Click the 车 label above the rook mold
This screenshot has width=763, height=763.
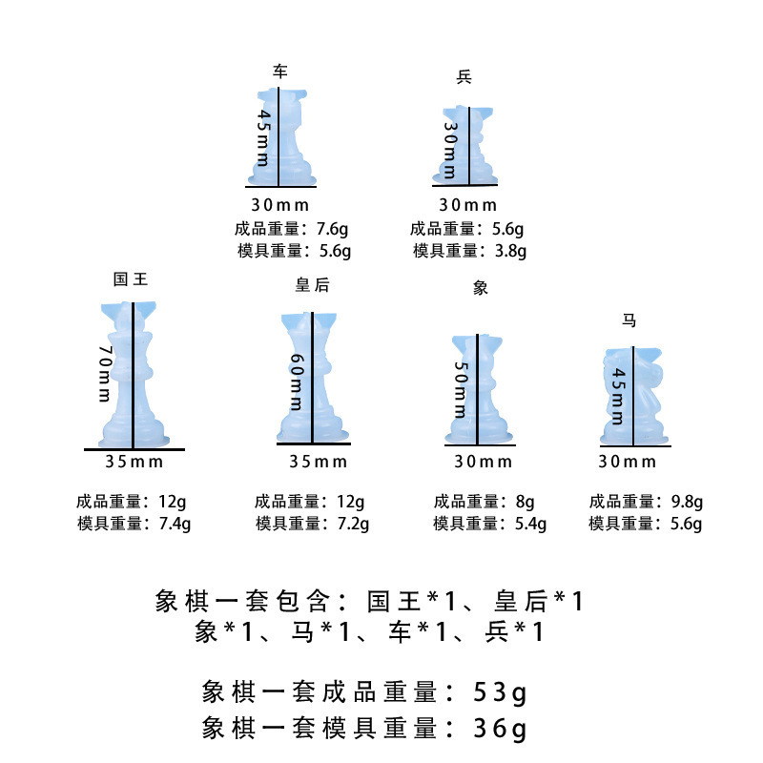279,72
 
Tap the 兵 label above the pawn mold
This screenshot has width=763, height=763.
464,76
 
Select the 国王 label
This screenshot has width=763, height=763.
131,279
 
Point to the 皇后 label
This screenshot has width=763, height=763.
313,285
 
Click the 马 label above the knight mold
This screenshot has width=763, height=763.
629,320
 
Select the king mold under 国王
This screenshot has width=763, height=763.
133,377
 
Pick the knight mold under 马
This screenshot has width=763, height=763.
632,396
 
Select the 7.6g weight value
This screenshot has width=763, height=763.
335,229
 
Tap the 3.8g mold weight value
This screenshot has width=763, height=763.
510,251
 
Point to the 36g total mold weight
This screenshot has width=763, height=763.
500,730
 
